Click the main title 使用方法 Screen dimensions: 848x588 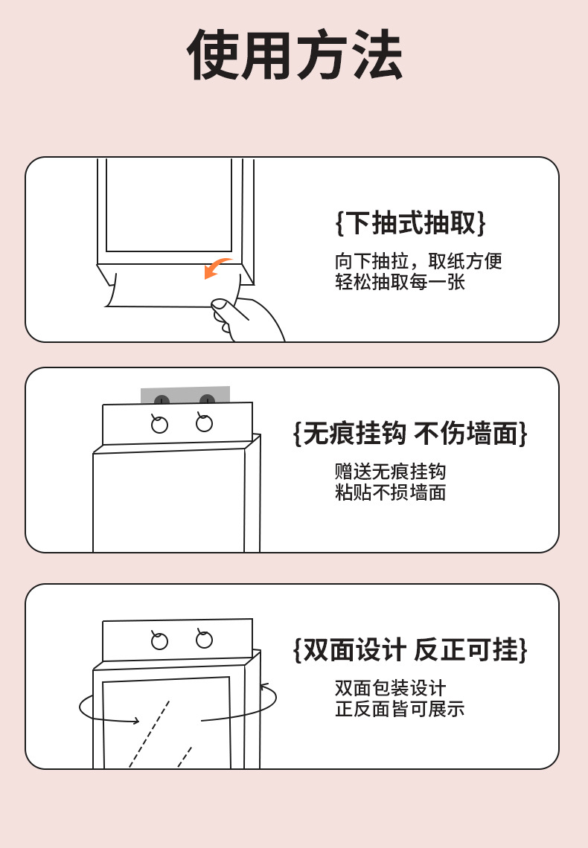(295, 55)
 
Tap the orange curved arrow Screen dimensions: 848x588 (217, 269)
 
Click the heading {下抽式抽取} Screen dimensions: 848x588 (410, 222)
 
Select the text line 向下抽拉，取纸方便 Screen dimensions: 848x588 (418, 261)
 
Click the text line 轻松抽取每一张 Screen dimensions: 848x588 (400, 283)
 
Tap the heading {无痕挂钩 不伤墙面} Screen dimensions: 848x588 (410, 433)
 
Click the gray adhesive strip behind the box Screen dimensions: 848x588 (185, 394)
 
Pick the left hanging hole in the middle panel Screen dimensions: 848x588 (159, 425)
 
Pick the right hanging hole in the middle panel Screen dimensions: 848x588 (204, 423)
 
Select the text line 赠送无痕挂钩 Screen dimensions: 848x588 (390, 472)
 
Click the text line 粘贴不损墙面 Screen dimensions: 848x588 (390, 492)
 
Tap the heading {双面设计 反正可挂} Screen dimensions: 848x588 (410, 649)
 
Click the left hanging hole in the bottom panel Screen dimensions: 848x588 (159, 641)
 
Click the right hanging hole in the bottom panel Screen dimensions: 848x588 (204, 640)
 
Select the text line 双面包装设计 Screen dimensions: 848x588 (390, 688)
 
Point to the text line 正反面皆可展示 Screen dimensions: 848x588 (400, 709)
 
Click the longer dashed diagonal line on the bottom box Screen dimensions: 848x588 (149, 733)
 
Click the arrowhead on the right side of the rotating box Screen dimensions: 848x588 (263, 686)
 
